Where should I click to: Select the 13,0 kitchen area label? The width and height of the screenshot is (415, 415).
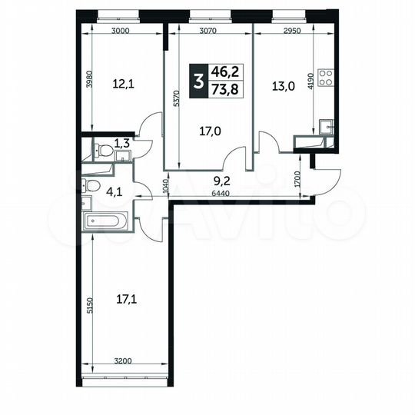tap(282, 85)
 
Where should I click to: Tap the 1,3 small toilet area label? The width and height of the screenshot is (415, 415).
tap(121, 142)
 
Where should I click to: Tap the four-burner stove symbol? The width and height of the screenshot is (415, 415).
tap(326, 78)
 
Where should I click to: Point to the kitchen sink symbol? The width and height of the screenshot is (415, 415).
tap(326, 127)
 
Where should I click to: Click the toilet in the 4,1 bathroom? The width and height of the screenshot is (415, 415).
tap(90, 186)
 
